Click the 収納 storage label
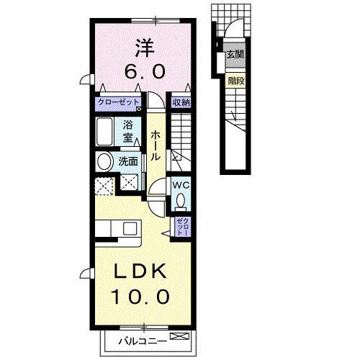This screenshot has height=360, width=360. [180, 102]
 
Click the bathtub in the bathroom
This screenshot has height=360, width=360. [104, 133]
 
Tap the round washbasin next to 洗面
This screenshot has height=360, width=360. [104, 161]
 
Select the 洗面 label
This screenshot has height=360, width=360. [127, 161]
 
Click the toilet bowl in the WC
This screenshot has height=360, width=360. [181, 199]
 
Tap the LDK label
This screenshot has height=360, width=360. [138, 272]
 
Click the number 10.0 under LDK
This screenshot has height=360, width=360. [140, 296]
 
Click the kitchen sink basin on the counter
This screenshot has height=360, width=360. [130, 228]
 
